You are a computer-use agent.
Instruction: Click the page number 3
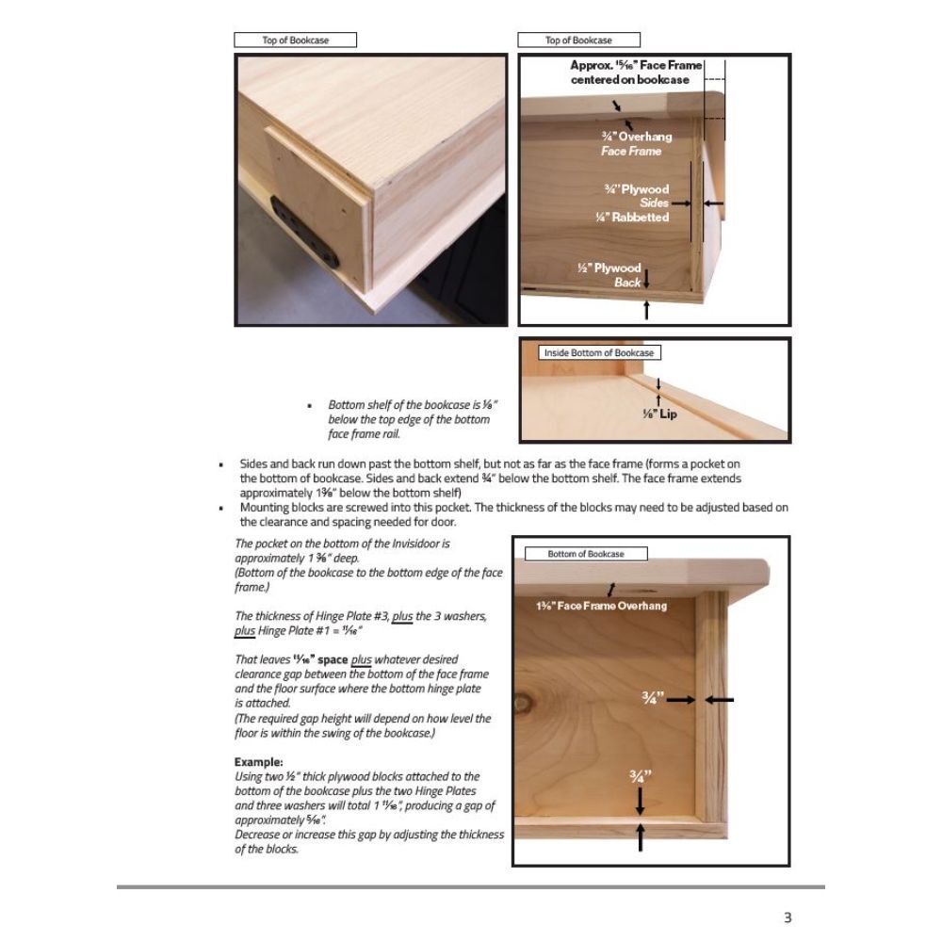click(x=788, y=918)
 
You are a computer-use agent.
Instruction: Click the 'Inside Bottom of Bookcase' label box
click(x=599, y=352)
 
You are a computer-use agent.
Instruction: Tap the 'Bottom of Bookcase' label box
click(x=586, y=554)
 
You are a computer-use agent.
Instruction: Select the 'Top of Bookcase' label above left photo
click(x=295, y=41)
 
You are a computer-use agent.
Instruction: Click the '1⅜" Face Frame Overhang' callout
click(x=601, y=606)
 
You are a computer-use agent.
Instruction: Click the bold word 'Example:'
click(x=259, y=761)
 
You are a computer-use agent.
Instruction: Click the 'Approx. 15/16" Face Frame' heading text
click(x=636, y=66)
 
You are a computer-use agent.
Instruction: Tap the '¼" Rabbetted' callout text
click(x=632, y=218)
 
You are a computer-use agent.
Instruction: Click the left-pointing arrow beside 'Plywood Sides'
click(x=714, y=203)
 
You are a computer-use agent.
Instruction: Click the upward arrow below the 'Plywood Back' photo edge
click(x=646, y=310)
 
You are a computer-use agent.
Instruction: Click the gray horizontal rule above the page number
click(x=471, y=886)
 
